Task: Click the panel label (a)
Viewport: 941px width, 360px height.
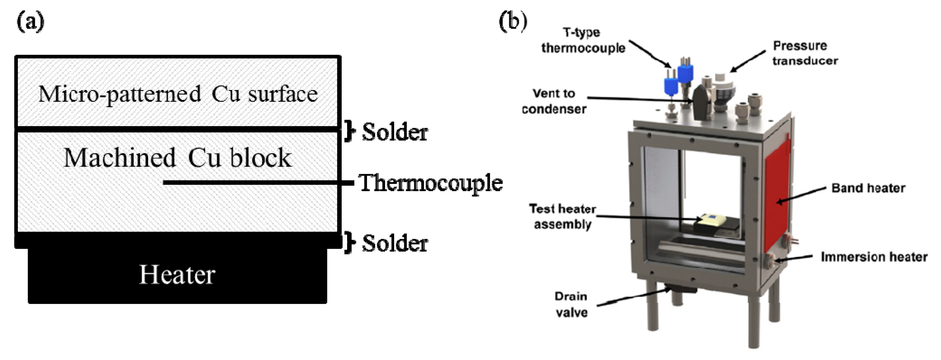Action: [x=30, y=22]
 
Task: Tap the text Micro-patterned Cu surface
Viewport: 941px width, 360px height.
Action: [x=178, y=94]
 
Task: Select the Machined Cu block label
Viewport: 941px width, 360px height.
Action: [x=178, y=158]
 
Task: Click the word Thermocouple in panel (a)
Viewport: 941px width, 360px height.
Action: [x=431, y=183]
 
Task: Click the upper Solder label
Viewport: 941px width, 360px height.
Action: [x=394, y=132]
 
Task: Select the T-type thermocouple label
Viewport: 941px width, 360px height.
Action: [x=583, y=40]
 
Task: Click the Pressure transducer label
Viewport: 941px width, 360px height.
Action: [x=805, y=53]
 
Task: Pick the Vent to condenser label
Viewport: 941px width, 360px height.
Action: [x=554, y=101]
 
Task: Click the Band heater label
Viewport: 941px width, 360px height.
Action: [x=868, y=188]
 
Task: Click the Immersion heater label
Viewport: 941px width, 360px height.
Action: [x=874, y=257]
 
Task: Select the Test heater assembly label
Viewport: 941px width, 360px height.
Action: [x=563, y=216]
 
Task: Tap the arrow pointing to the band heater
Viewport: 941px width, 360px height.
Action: [x=802, y=195]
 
